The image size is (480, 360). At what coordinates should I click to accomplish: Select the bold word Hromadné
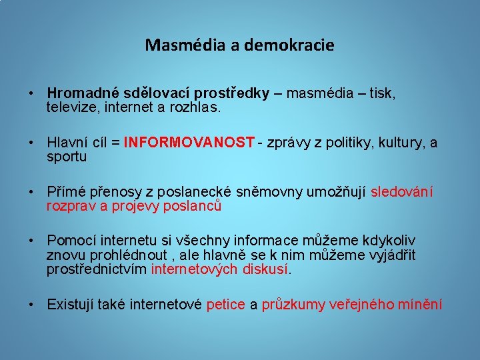(81, 94)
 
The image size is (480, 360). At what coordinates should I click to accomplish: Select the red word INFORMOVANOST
(189, 143)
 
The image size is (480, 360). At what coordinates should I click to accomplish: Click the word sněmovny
(267, 193)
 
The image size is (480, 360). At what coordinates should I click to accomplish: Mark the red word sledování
(401, 193)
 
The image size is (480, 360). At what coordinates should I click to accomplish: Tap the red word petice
(226, 305)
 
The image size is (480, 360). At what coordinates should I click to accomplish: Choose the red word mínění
(420, 305)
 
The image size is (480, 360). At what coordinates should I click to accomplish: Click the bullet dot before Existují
(31, 305)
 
